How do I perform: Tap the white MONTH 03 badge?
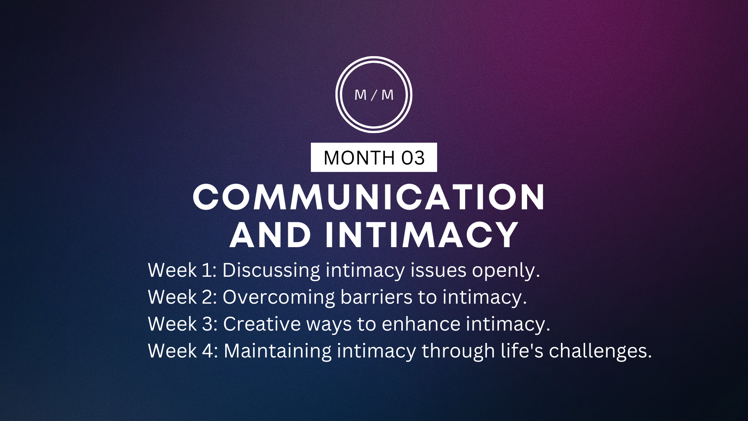[x=374, y=157]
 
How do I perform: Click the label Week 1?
[x=182, y=270]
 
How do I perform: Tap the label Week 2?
[x=182, y=297]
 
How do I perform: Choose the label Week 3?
[x=182, y=324]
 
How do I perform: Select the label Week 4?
[x=182, y=351]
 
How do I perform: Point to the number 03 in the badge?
[x=413, y=158]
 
